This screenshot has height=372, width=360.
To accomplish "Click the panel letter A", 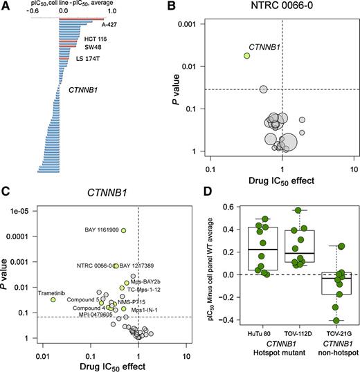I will [x=6, y=6].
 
